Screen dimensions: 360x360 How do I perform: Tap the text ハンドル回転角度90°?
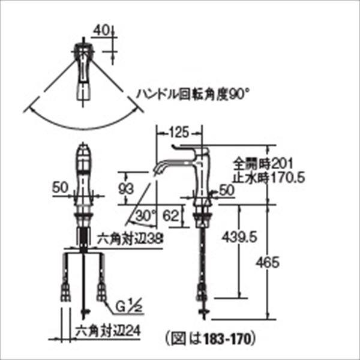coord(191,94)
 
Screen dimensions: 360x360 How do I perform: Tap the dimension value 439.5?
coord(239,238)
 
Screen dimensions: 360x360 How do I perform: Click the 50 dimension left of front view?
coord(60,187)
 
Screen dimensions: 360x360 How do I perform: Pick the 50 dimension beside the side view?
coord(227,190)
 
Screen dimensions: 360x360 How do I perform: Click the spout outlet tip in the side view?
coord(157,170)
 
